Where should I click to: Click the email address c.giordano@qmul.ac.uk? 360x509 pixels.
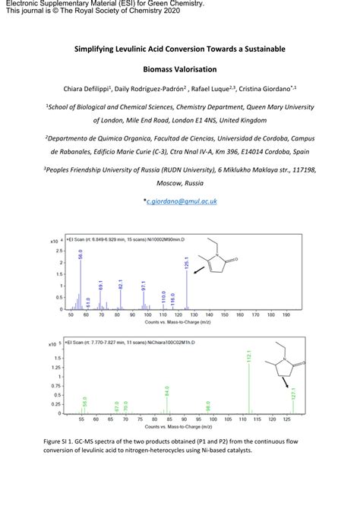click(182, 201)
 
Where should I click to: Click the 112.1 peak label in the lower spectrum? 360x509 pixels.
click(249, 357)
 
